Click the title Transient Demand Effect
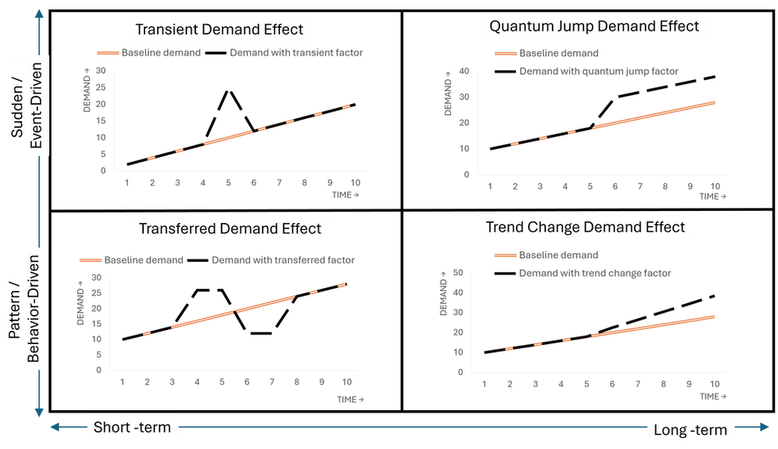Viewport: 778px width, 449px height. click(219, 29)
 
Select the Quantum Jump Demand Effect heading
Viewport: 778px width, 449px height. click(594, 26)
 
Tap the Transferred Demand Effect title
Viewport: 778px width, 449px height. click(230, 229)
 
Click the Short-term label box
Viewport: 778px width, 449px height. click(133, 428)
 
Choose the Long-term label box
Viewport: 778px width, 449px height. click(689, 430)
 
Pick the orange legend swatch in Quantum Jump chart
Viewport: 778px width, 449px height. click(503, 54)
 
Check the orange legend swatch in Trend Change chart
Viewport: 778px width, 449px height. click(503, 255)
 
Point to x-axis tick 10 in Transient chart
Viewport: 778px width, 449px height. click(356, 183)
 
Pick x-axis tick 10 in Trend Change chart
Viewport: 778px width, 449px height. click(712, 384)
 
